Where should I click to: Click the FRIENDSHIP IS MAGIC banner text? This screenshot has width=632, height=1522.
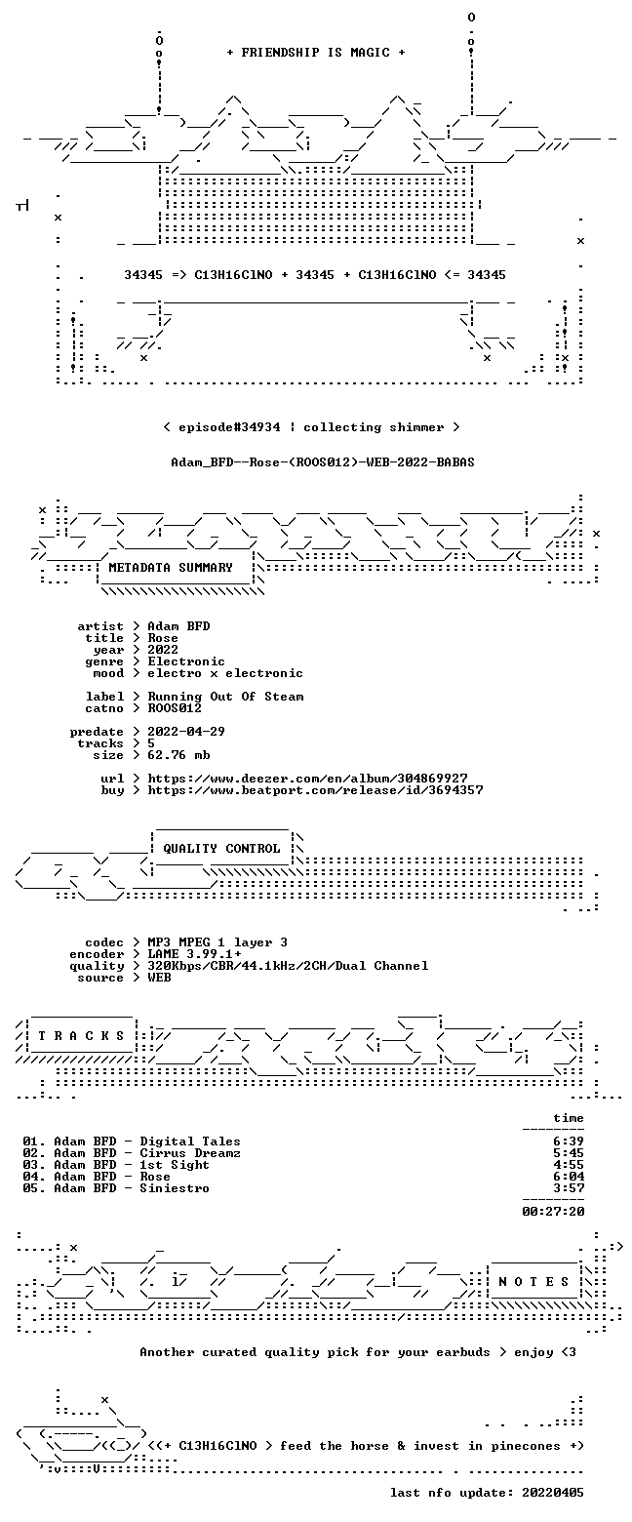click(x=316, y=53)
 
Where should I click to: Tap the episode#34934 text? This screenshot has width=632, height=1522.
click(x=229, y=427)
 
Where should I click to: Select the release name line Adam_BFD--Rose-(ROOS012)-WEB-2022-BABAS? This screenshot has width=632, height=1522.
click(x=323, y=462)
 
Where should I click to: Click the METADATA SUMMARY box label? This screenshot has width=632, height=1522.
click(x=171, y=568)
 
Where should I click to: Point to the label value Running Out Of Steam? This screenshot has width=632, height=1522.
click(x=225, y=697)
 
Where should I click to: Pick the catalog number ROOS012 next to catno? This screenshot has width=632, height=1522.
click(x=175, y=708)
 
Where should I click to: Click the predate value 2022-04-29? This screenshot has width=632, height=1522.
click(x=186, y=732)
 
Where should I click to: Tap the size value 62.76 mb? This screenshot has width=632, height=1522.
click(x=178, y=755)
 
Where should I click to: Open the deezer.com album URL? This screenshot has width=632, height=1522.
click(x=307, y=778)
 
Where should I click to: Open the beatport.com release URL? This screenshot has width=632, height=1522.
click(x=315, y=790)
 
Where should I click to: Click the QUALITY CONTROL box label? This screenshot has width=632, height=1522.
click(x=221, y=849)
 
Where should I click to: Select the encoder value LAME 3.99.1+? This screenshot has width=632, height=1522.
click(x=194, y=954)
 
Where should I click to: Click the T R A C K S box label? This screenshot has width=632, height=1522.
click(x=82, y=1036)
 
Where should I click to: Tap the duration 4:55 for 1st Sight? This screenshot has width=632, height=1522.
click(x=569, y=1165)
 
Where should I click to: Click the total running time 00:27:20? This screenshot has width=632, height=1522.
click(x=553, y=1212)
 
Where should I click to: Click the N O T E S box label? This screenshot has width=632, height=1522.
click(x=534, y=1282)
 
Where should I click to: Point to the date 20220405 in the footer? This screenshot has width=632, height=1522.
click(x=553, y=1493)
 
